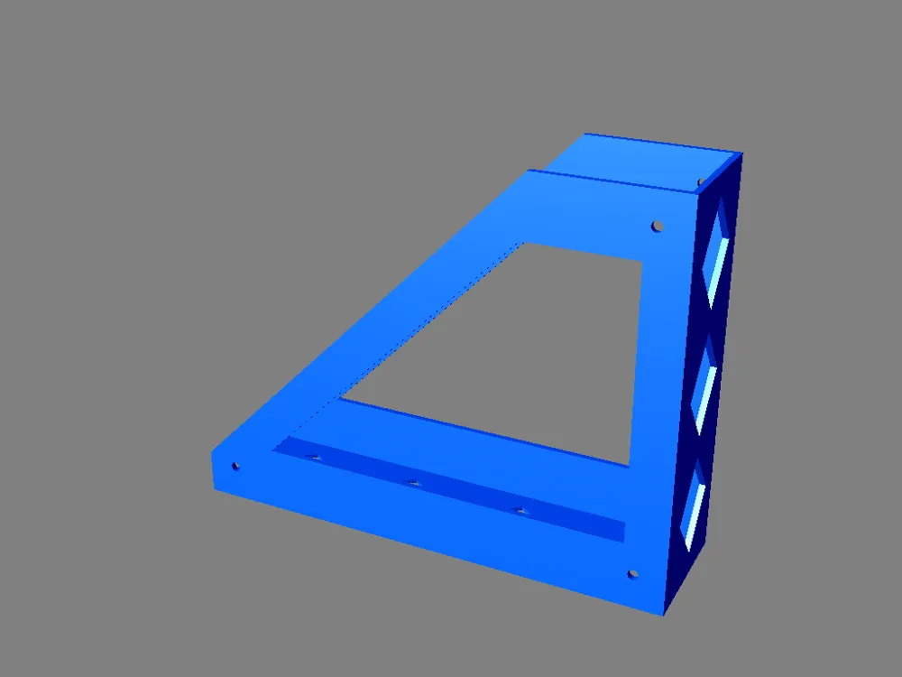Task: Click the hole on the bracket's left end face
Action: click(x=235, y=466)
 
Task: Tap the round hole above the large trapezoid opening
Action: click(x=658, y=225)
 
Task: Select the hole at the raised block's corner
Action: click(x=700, y=181)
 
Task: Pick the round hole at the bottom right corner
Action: click(x=632, y=573)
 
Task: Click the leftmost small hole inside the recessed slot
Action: click(x=315, y=458)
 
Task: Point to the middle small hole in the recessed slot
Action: click(x=413, y=485)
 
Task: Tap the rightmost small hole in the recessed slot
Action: click(x=520, y=511)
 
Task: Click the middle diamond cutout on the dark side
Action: click(x=704, y=384)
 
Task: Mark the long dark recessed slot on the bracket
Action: click(x=451, y=488)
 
